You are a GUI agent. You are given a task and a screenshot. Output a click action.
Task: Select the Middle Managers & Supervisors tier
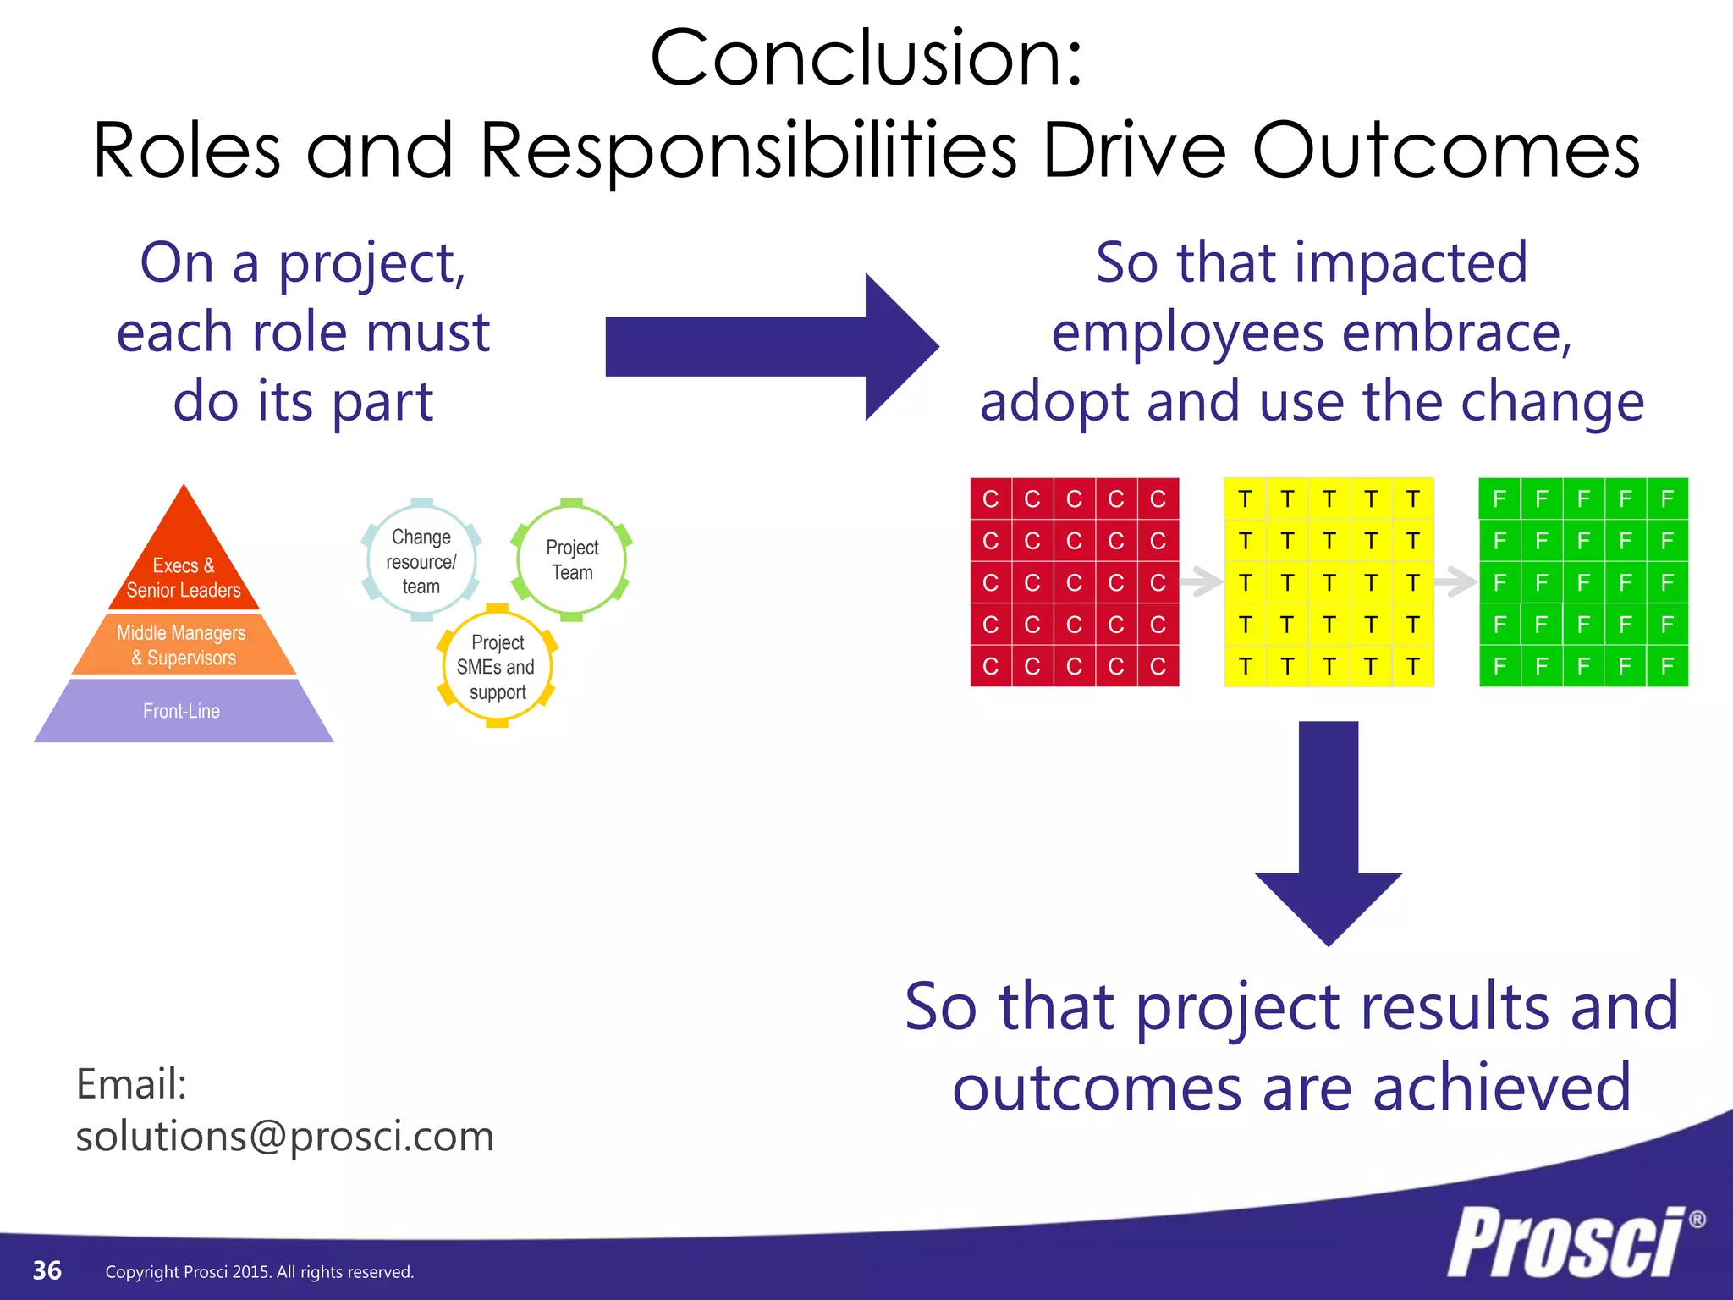tap(182, 645)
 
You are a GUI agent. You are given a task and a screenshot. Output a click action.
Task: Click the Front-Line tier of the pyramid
tap(182, 711)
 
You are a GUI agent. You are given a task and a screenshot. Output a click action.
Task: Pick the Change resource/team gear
tap(421, 561)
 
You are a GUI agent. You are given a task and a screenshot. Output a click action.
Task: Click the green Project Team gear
tap(572, 559)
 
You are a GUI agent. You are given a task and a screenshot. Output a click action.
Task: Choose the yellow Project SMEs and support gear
tap(498, 667)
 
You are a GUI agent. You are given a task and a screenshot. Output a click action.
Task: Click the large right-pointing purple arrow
tap(770, 347)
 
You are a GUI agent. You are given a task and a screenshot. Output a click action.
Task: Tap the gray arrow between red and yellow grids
tap(1201, 581)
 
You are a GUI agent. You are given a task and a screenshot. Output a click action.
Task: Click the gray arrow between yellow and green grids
tap(1455, 581)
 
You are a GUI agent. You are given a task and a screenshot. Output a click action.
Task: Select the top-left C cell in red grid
tap(990, 499)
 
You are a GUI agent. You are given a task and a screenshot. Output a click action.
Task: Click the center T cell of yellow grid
tap(1329, 582)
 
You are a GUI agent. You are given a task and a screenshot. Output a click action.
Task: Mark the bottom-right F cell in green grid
tap(1667, 666)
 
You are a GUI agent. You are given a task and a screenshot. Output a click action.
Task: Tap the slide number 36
tap(47, 1270)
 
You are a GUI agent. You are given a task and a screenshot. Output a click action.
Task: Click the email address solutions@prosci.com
tap(284, 1137)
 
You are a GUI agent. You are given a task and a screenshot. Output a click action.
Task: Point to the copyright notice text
tap(259, 1272)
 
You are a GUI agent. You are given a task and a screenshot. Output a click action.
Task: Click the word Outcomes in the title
tap(1445, 151)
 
